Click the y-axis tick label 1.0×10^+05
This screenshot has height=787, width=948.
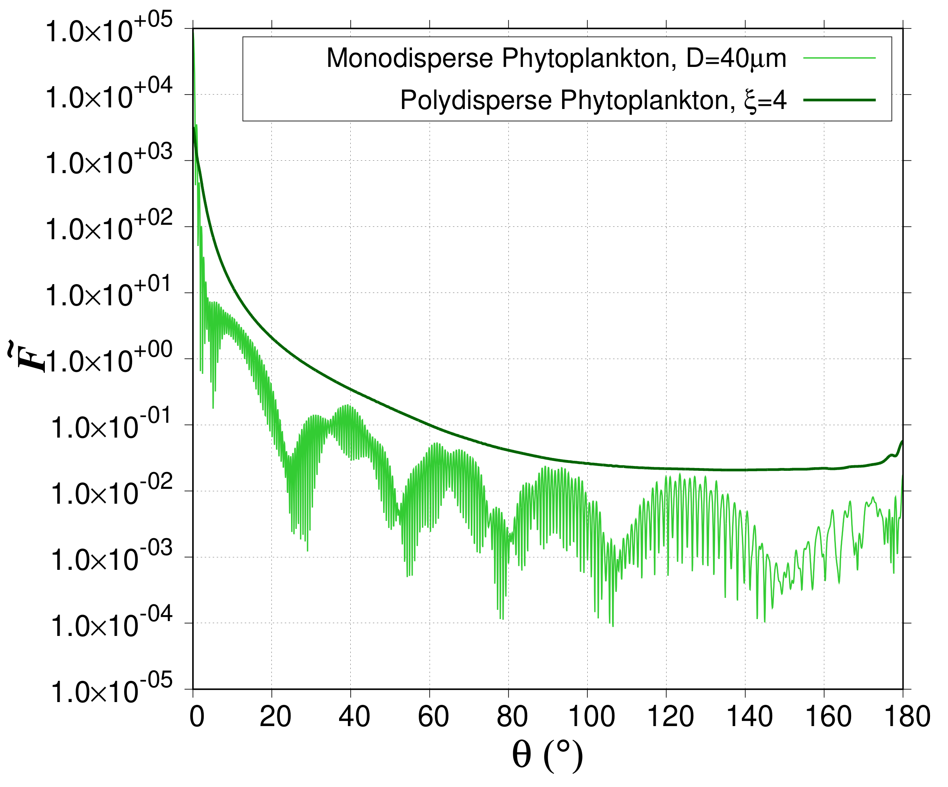click(x=109, y=29)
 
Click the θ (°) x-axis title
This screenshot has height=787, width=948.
click(x=547, y=756)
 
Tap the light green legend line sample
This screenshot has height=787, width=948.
click(x=839, y=58)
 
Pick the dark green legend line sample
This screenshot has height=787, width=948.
click(x=839, y=100)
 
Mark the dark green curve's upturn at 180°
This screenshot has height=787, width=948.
click(x=901, y=443)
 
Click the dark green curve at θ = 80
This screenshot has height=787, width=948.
click(x=509, y=450)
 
